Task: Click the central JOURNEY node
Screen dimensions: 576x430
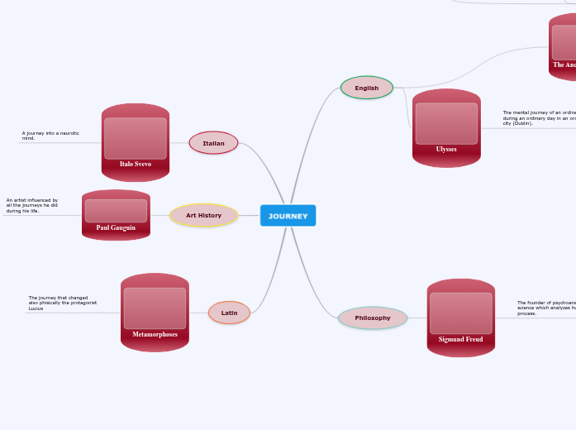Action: [288, 216]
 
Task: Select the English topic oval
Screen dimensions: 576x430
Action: [366, 88]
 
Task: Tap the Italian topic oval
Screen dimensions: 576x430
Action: [213, 143]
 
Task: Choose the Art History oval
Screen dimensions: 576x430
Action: [203, 216]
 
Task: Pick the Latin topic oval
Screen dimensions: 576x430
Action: [229, 313]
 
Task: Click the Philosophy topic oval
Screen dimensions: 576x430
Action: [373, 318]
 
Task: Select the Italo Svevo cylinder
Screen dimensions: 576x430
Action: [136, 142]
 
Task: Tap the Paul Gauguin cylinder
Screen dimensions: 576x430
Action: [116, 215]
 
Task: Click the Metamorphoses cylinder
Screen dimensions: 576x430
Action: [155, 313]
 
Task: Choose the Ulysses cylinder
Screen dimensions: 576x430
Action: [446, 128]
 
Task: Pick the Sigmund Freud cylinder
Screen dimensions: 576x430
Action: [461, 318]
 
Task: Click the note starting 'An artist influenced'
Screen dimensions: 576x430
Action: [32, 205]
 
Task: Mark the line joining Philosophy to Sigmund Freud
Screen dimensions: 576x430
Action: [417, 318]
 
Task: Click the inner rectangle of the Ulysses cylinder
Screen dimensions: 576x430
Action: [446, 123]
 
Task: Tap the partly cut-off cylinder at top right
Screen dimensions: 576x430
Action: [563, 48]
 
